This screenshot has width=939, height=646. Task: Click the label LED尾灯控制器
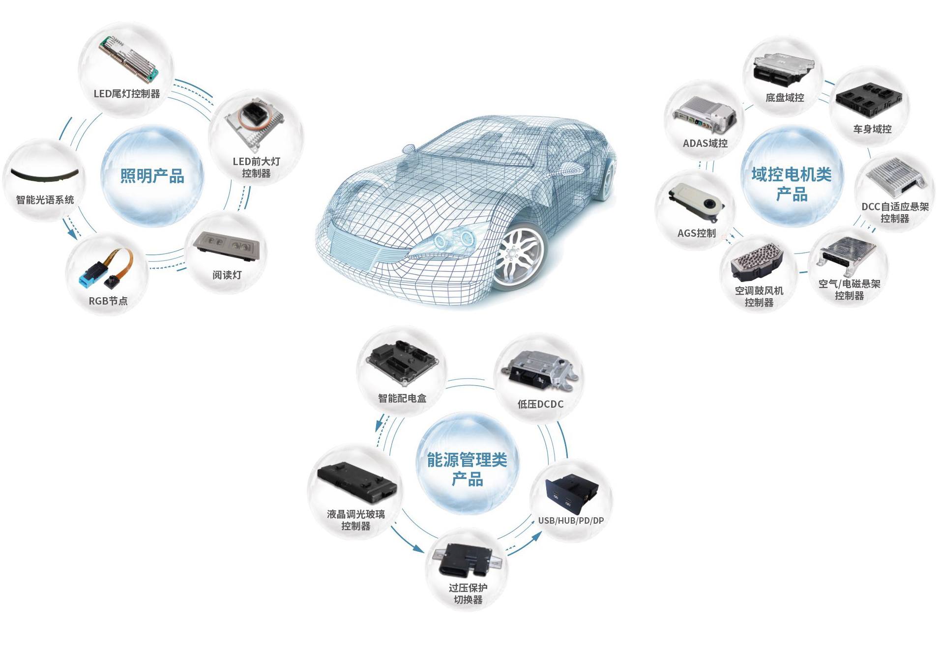(127, 93)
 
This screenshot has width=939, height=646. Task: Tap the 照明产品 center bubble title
(152, 175)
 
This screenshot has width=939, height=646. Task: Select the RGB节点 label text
(108, 301)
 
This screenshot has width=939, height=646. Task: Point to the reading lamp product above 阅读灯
(226, 244)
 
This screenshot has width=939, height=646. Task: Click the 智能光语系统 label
(45, 199)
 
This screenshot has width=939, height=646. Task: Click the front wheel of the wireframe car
(518, 253)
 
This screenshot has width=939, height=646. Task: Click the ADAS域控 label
(705, 143)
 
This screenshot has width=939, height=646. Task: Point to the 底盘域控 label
(785, 97)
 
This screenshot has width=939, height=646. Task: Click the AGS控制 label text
(697, 233)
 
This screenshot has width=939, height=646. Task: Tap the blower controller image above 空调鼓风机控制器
(757, 262)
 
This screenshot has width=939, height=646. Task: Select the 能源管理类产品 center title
(467, 469)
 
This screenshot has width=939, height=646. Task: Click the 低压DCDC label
(540, 404)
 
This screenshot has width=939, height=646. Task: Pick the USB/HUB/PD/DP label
(571, 520)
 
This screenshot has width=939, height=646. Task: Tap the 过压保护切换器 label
(468, 593)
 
